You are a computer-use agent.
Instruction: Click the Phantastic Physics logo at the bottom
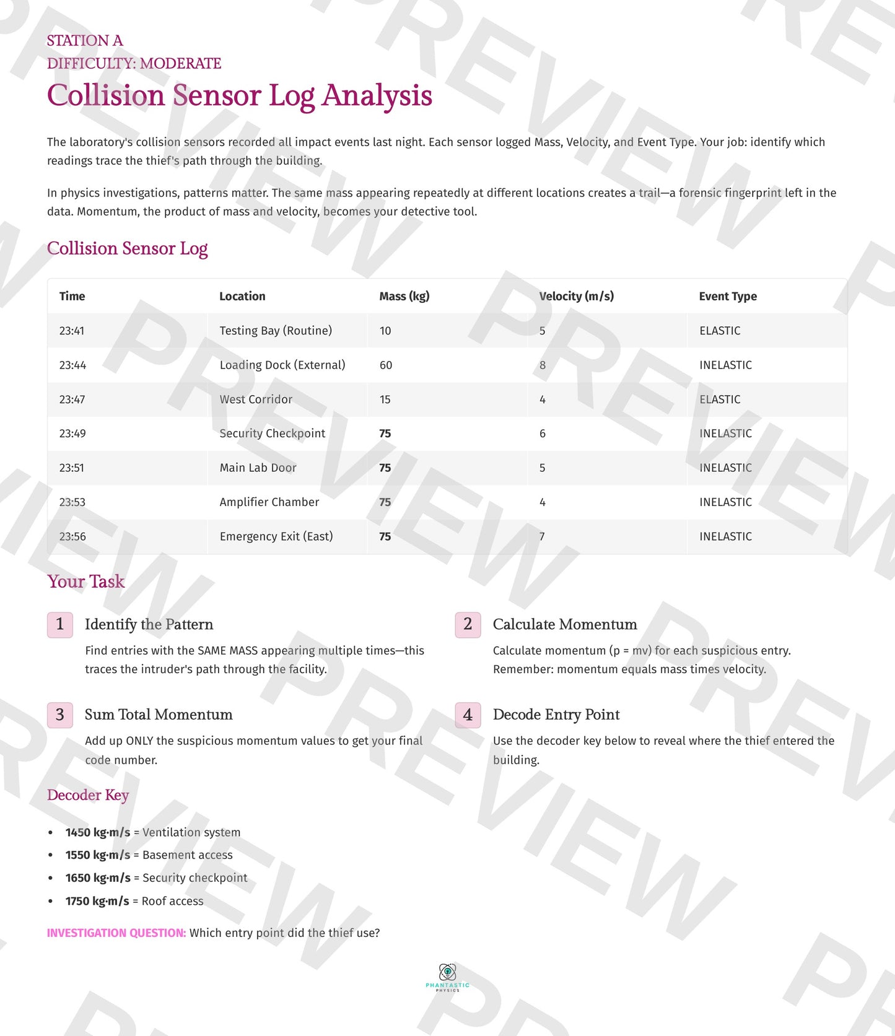point(447,977)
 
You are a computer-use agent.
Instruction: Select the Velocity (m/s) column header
point(576,296)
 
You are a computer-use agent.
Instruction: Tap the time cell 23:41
point(72,331)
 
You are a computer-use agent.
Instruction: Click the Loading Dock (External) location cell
point(282,365)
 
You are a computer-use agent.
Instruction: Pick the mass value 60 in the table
point(386,365)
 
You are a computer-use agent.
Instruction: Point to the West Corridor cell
point(256,399)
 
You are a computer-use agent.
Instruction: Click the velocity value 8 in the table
point(543,365)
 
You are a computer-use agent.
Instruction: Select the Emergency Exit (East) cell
point(276,536)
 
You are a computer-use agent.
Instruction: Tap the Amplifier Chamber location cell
point(269,502)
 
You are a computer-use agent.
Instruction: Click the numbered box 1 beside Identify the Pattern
point(60,624)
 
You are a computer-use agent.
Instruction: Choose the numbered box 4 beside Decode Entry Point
point(468,715)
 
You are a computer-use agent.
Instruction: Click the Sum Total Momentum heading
point(159,715)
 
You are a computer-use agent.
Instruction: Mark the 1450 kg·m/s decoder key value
point(98,832)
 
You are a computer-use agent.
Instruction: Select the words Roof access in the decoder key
point(173,901)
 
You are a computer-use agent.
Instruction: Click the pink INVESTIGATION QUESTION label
point(116,933)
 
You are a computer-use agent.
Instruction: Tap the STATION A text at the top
point(85,41)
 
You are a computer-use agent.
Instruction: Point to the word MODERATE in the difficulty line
point(181,64)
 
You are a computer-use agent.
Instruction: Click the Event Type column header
point(728,296)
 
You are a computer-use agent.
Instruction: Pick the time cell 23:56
point(72,536)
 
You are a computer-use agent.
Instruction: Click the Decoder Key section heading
point(88,795)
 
